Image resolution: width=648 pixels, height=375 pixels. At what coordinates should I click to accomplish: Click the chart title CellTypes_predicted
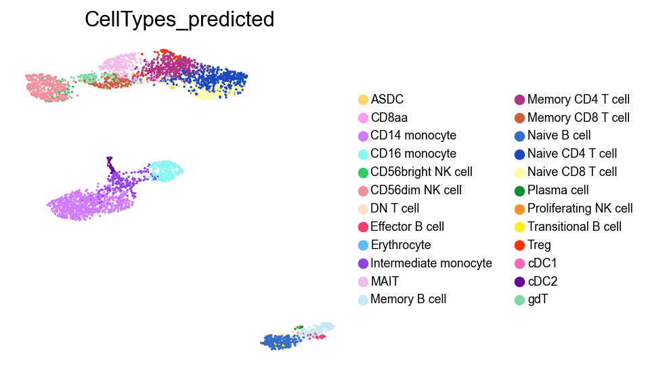[179, 20]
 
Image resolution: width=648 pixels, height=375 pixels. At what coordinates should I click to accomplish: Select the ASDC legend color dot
[364, 100]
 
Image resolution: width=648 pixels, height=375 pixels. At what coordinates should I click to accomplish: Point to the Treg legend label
[539, 245]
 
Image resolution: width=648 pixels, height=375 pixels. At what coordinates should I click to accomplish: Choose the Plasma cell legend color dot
[520, 190]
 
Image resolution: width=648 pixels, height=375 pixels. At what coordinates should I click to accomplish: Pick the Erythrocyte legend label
[401, 245]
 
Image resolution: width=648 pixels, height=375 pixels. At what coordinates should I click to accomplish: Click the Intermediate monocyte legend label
[431, 263]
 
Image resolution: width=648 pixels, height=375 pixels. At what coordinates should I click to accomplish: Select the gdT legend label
[538, 299]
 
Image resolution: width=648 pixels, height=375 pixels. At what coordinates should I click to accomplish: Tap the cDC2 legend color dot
[520, 281]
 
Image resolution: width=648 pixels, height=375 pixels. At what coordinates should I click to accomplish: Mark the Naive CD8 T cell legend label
[572, 172]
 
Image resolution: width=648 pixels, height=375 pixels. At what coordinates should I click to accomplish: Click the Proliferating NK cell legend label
[580, 208]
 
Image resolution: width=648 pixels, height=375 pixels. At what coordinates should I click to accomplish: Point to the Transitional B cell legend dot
[520, 227]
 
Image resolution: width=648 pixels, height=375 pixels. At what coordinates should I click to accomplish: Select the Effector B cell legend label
[408, 227]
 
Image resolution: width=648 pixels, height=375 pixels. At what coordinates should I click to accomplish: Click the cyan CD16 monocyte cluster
[165, 170]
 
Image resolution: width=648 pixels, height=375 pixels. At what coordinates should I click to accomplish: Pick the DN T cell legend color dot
[364, 208]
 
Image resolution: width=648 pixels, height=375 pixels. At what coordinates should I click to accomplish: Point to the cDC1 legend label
[542, 263]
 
